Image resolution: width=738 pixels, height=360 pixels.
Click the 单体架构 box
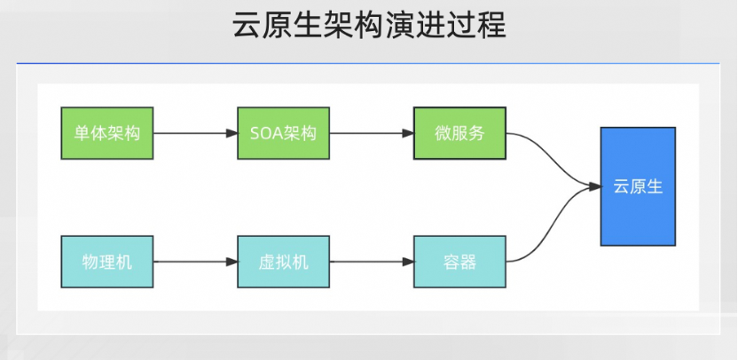(106, 134)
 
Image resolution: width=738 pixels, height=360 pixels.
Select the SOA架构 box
(283, 134)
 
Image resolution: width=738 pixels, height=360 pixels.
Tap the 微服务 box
(459, 134)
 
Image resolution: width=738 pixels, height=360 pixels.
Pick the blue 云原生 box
(637, 186)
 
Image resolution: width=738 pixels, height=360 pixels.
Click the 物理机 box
(106, 262)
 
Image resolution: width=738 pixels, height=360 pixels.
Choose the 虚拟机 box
(283, 262)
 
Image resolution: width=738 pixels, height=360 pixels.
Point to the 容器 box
(459, 262)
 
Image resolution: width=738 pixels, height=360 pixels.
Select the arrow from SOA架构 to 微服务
(370, 134)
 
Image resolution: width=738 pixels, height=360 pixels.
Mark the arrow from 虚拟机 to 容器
(370, 262)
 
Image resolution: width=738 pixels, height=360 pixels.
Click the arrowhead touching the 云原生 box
(595, 186)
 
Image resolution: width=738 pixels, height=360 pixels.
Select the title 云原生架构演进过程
(369, 26)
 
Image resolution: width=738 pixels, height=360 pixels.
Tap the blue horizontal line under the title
(369, 64)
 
